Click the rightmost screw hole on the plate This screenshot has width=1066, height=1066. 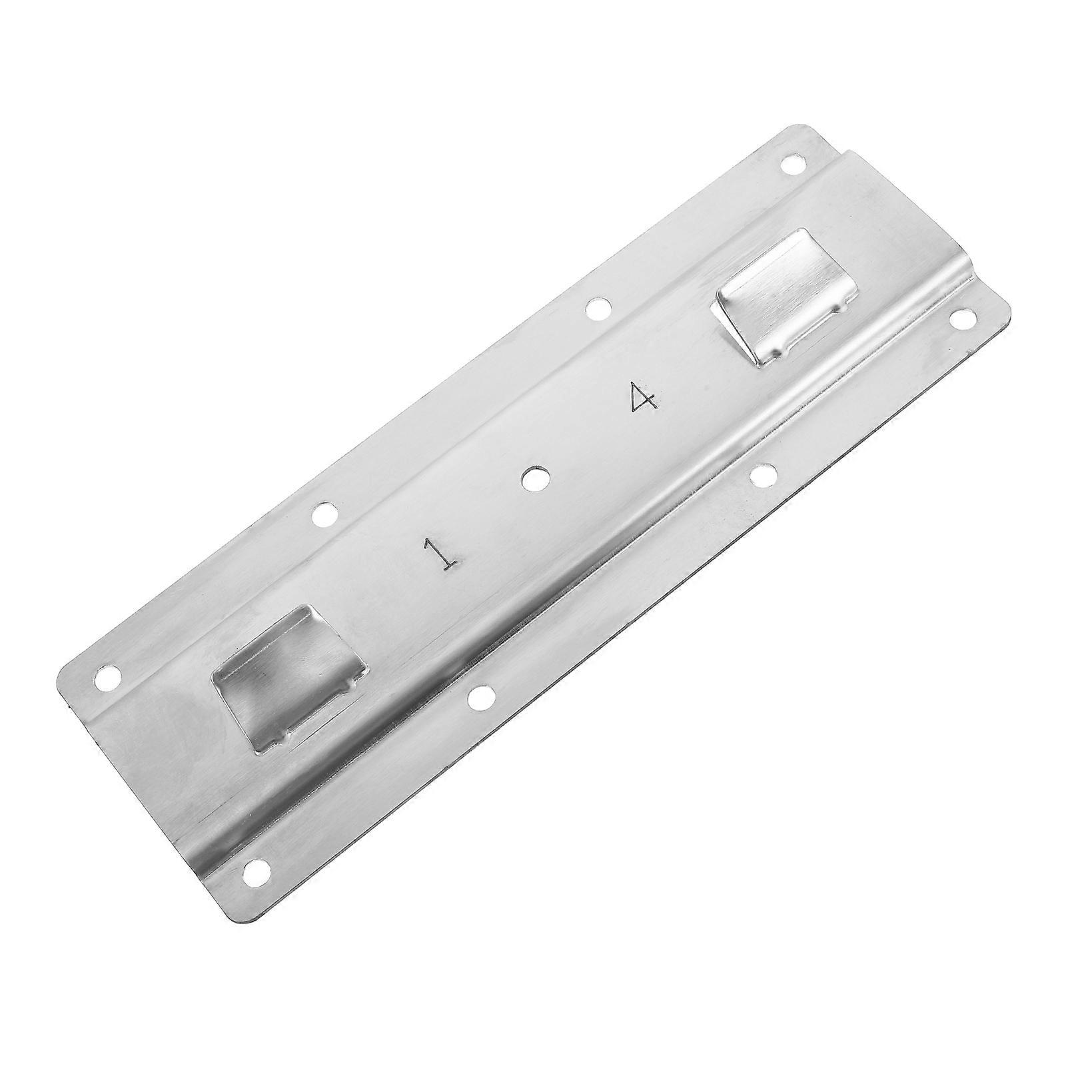click(963, 318)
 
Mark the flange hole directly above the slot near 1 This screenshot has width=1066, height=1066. click(324, 513)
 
